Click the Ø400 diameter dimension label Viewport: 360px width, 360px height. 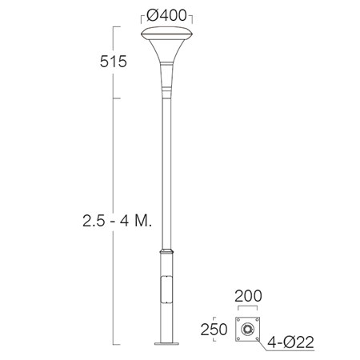[x=166, y=15]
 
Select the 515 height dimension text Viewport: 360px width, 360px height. [x=114, y=62]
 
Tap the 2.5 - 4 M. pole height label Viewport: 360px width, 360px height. [x=118, y=221]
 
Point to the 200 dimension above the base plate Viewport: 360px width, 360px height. [x=248, y=296]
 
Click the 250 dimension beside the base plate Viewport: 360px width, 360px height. [x=214, y=330]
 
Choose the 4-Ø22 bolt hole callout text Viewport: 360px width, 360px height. [x=290, y=342]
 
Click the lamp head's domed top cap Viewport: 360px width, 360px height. [x=166, y=33]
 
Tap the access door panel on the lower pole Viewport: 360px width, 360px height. [x=166, y=290]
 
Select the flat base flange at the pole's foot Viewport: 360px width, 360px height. [x=166, y=343]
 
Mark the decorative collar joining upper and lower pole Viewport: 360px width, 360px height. [x=166, y=251]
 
